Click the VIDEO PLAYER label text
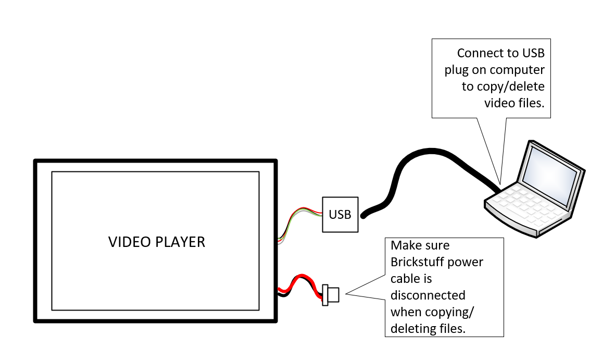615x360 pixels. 157,242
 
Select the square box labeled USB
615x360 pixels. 340,214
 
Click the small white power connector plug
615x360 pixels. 330,295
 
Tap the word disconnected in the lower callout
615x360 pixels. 428,295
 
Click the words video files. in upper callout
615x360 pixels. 514,103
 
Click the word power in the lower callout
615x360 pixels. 466,262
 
